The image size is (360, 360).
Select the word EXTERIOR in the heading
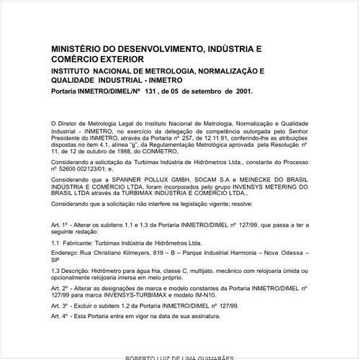click(119, 58)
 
